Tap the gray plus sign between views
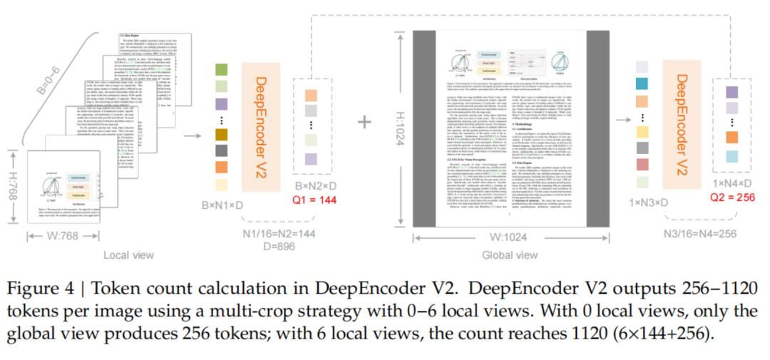[364, 122]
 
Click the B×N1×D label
[222, 205]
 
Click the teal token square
[642, 84]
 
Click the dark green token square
[221, 70]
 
